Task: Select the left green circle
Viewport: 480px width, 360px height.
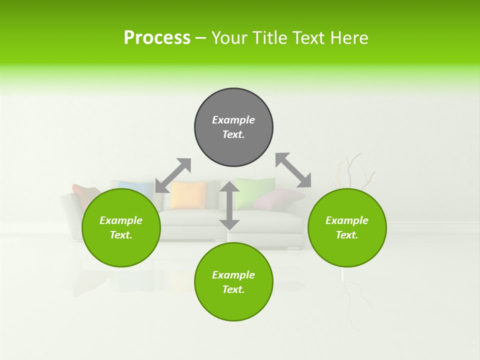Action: (x=121, y=227)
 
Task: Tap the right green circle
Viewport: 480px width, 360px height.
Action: (x=347, y=227)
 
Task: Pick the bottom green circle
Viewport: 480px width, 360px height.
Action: (x=233, y=282)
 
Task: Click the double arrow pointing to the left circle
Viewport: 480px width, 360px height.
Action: (x=173, y=175)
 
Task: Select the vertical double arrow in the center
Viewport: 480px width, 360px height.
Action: (x=229, y=205)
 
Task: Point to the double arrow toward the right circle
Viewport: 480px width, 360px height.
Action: (x=293, y=170)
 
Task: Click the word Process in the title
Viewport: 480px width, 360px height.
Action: (x=157, y=37)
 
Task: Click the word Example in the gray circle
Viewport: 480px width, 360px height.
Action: (x=233, y=120)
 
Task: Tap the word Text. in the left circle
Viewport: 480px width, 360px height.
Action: (x=121, y=235)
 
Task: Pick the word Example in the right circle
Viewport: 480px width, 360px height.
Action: (x=347, y=220)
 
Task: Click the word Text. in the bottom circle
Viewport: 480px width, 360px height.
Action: (x=233, y=289)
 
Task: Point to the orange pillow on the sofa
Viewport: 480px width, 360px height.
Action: (x=188, y=195)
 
